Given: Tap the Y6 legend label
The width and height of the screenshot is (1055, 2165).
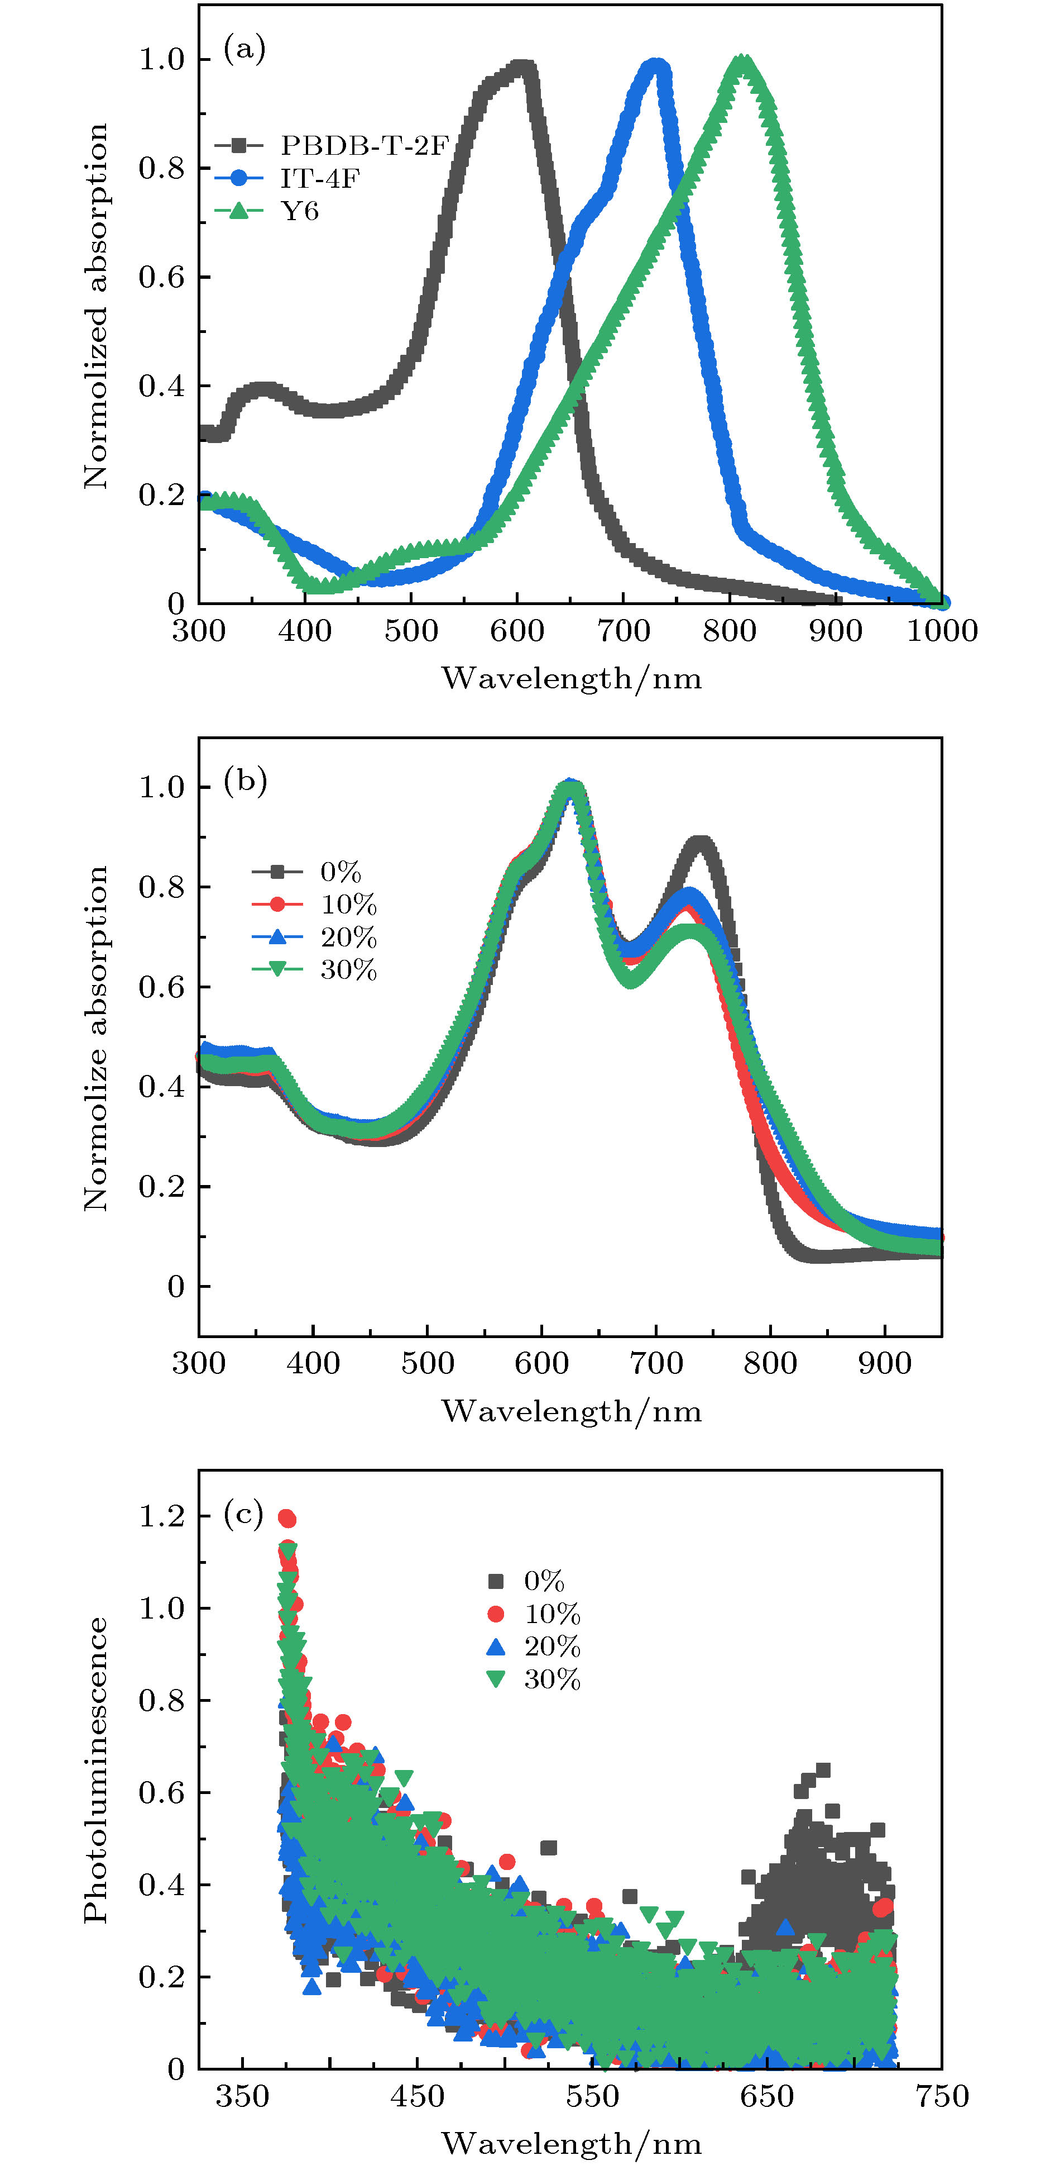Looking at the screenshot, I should pos(300,211).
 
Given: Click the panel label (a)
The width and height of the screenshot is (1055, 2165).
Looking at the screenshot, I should pos(244,49).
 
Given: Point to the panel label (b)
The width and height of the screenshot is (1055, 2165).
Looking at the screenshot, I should pos(244,781).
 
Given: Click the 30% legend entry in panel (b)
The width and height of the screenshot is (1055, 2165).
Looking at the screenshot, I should pos(348,970).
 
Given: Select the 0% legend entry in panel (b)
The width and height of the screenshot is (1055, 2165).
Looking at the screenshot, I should pos(340,872).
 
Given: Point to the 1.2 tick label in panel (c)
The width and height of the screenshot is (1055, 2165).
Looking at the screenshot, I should pos(161,1515).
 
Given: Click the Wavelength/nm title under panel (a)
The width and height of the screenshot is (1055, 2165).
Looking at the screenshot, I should pos(571,677).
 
